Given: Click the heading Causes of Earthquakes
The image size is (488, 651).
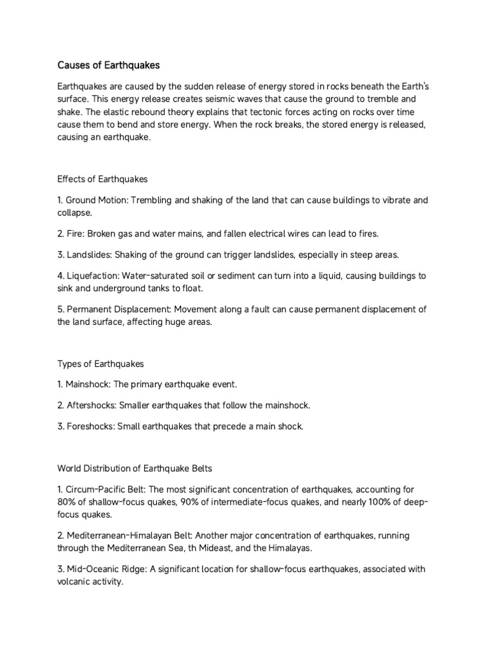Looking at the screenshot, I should pos(109,65).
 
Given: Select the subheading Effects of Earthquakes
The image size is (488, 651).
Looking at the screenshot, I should pos(102,179).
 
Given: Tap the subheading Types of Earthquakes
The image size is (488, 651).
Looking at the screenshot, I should pos(100,364).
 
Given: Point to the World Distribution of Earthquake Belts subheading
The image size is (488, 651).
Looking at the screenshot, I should pos(135,469).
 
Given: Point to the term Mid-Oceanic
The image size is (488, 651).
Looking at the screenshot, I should pos(91,569).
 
